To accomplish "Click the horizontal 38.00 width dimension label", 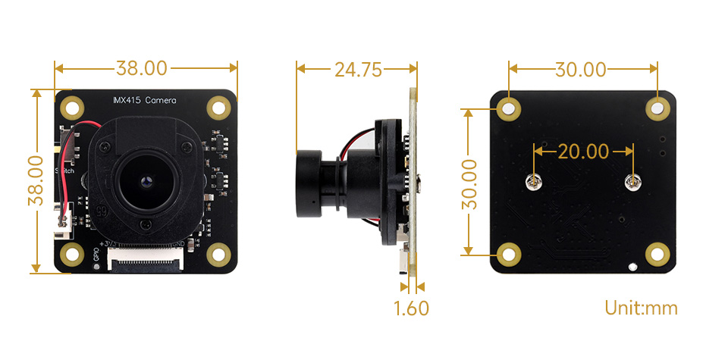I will pos(141,68).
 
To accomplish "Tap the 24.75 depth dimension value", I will pos(357,70).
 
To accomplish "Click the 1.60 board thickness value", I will pos(411,308).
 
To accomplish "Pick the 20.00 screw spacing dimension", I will pos(583,152).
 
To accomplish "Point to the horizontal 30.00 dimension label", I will pos(581,70).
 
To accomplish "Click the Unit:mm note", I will pos(641,308).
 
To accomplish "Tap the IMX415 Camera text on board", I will pos(144,100).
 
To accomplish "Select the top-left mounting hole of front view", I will pos(72,107).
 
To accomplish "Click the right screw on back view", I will pos(632,181).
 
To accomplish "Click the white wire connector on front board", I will pos(64,220).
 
